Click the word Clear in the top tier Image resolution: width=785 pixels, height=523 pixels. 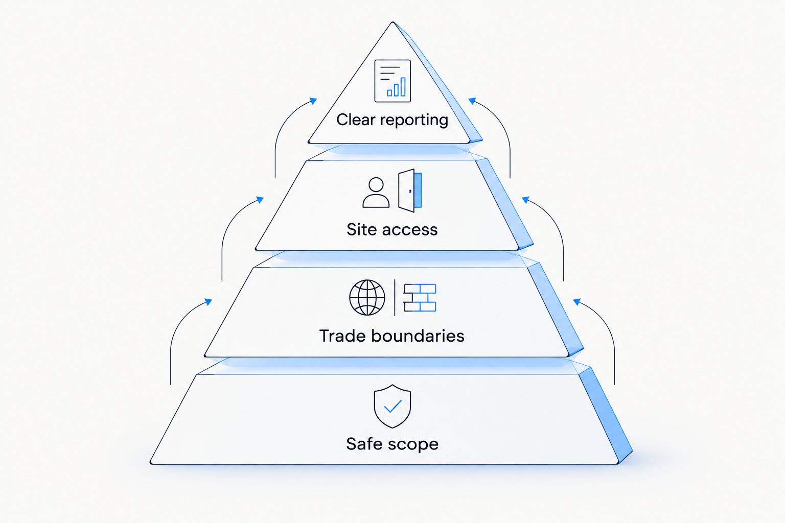(x=356, y=120)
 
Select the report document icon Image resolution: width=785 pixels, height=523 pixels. (x=392, y=81)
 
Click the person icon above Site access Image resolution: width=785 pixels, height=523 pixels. (x=376, y=193)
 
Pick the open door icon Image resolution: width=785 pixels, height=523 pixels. (x=410, y=191)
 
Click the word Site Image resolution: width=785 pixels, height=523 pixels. (x=361, y=229)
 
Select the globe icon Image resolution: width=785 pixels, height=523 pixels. (x=367, y=297)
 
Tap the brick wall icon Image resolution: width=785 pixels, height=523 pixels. (x=420, y=298)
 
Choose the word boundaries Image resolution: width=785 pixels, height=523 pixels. (x=418, y=336)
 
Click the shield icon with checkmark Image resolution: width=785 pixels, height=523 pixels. (x=392, y=407)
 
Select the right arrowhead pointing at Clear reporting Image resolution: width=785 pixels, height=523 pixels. (x=472, y=101)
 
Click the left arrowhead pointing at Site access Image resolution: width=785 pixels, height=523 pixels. (x=260, y=200)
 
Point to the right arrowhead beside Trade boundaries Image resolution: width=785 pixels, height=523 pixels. (x=577, y=302)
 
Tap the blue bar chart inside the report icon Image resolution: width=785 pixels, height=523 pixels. (x=397, y=87)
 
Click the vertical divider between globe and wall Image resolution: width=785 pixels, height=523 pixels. (x=395, y=298)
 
